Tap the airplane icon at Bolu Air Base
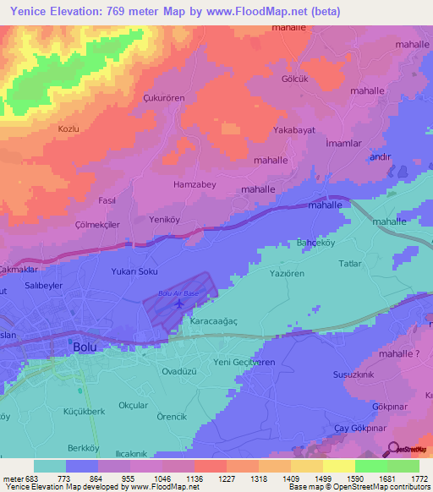[178, 303]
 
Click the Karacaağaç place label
[214, 322]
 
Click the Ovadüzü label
[180, 370]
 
